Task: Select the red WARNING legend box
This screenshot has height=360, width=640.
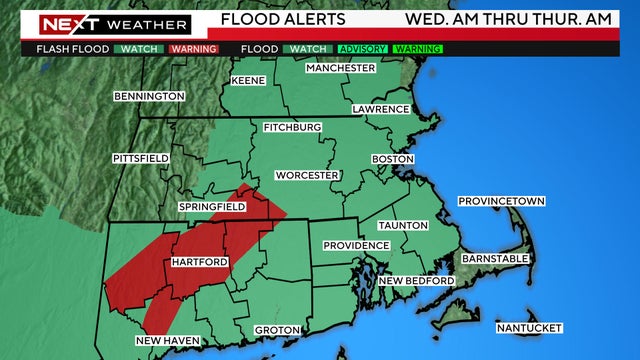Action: point(194,48)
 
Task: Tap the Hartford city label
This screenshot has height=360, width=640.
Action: point(200,262)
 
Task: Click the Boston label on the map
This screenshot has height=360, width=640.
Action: point(392,159)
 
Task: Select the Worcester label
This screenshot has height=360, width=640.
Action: point(307,175)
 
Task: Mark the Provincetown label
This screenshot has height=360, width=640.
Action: point(501,202)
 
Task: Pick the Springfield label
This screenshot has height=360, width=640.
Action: point(212,206)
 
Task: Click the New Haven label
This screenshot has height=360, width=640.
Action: point(168,341)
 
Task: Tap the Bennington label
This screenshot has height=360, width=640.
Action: point(150,96)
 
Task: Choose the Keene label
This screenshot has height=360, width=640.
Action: point(248,80)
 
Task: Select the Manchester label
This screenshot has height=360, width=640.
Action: point(340,68)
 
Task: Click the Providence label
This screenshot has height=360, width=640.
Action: point(356,245)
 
